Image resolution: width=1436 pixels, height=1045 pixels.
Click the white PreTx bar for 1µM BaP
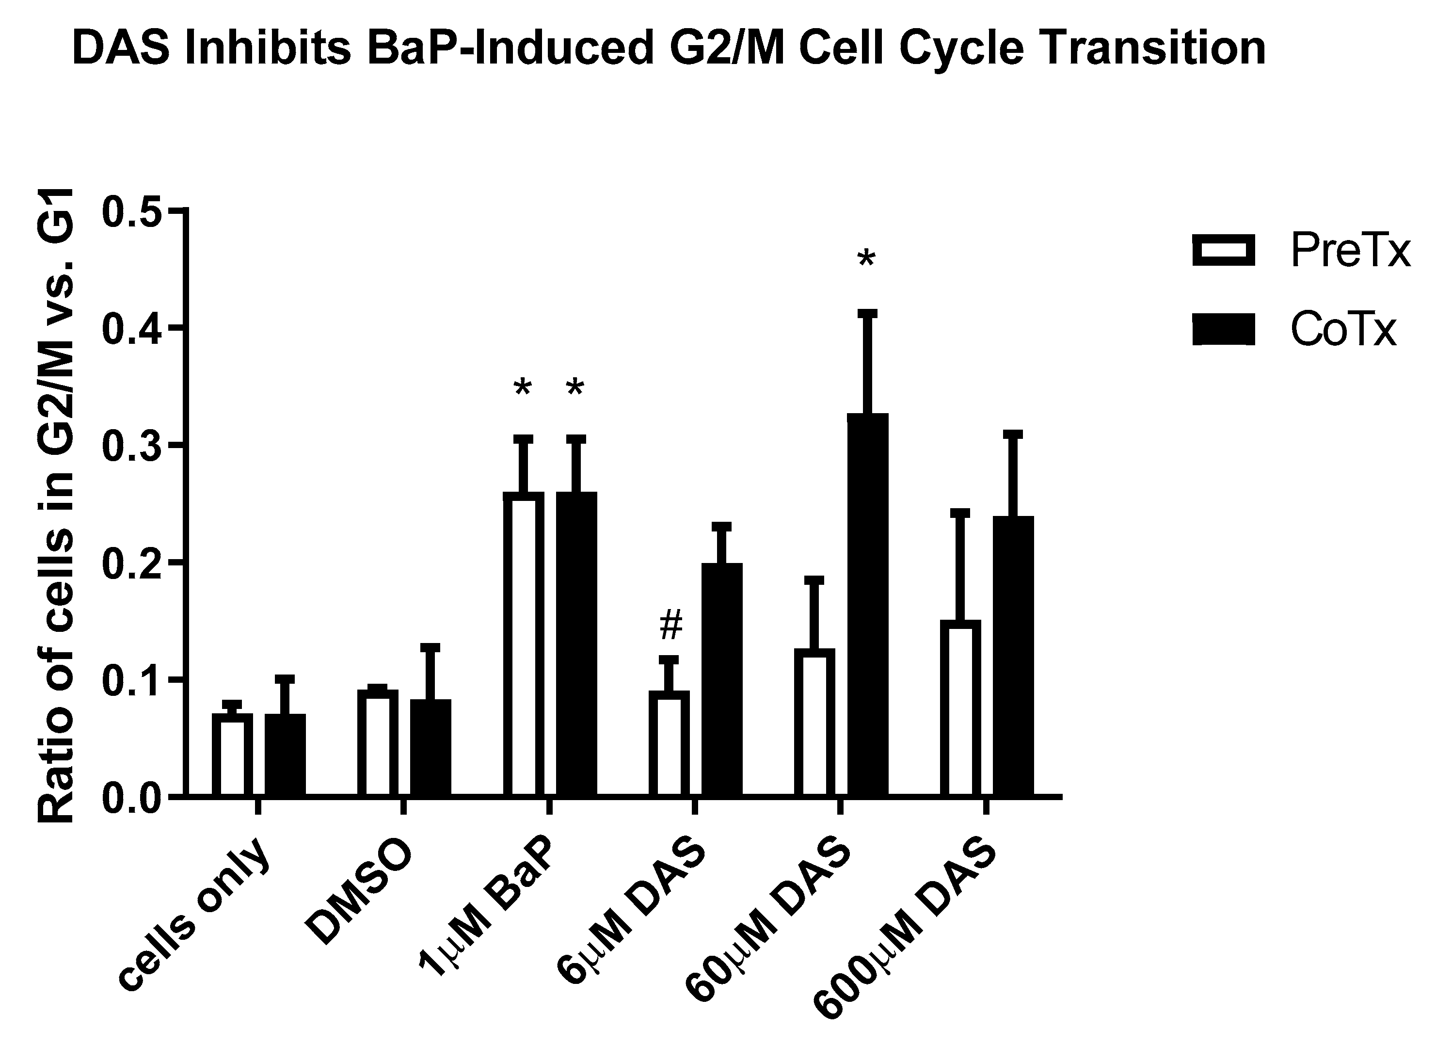[524, 643]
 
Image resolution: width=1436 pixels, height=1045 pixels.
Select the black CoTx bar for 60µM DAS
[867, 605]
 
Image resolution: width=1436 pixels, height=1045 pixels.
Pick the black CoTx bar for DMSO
[431, 747]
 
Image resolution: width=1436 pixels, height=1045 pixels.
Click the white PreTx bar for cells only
[232, 754]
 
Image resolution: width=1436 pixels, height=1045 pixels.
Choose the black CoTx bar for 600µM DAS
[1013, 656]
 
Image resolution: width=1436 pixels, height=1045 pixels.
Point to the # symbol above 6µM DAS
[671, 626]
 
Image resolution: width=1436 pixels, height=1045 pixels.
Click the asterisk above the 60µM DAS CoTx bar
[866, 259]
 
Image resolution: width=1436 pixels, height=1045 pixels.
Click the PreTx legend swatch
[1223, 250]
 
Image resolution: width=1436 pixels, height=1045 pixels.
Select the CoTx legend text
[1342, 331]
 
